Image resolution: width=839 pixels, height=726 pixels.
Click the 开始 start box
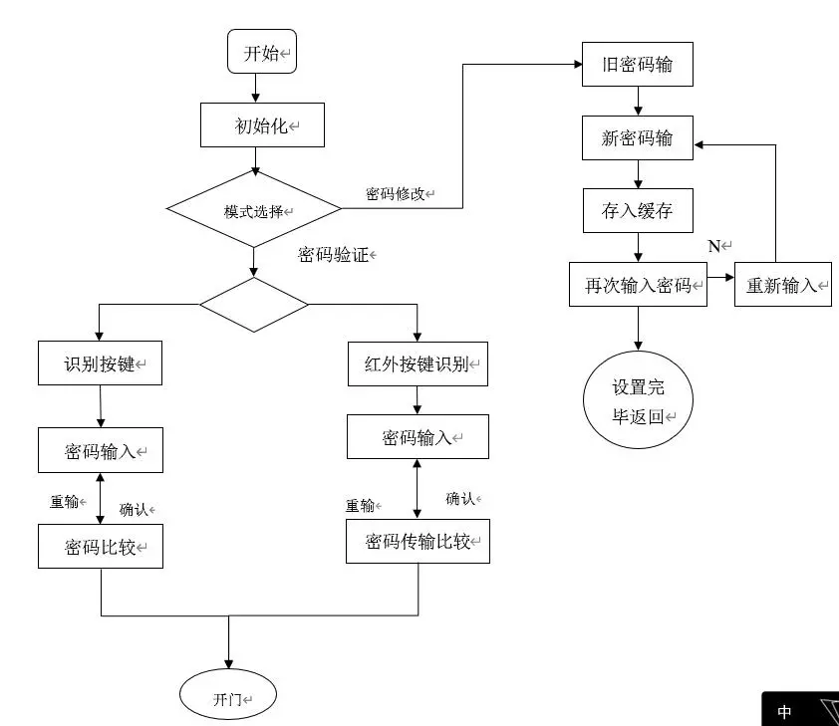[x=262, y=52]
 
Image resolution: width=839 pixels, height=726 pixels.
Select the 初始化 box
[x=262, y=125]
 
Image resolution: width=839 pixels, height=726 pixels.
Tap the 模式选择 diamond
[x=254, y=210]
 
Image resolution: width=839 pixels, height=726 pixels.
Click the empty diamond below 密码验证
[x=254, y=305]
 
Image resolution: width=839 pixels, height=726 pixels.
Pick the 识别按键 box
[x=100, y=363]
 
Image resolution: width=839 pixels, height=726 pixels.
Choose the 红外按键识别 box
[x=418, y=363]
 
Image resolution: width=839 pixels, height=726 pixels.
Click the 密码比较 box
[x=100, y=547]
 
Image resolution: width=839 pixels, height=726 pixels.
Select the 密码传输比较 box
[x=418, y=542]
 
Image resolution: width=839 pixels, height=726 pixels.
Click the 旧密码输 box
[x=638, y=66]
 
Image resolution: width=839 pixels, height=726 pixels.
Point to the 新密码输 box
[x=638, y=138]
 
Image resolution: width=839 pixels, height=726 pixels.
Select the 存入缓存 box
[x=638, y=211]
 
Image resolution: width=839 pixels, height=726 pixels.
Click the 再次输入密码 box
[x=638, y=285]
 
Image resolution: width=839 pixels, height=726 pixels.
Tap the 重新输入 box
[x=782, y=285]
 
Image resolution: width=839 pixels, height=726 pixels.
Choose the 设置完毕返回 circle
[x=638, y=401]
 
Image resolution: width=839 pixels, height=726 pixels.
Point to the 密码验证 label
[x=334, y=255]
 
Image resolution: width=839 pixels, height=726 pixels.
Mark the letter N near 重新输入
[x=713, y=246]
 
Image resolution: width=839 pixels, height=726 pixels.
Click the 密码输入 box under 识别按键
[x=100, y=451]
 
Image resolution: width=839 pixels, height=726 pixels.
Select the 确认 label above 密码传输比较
[x=461, y=498]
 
